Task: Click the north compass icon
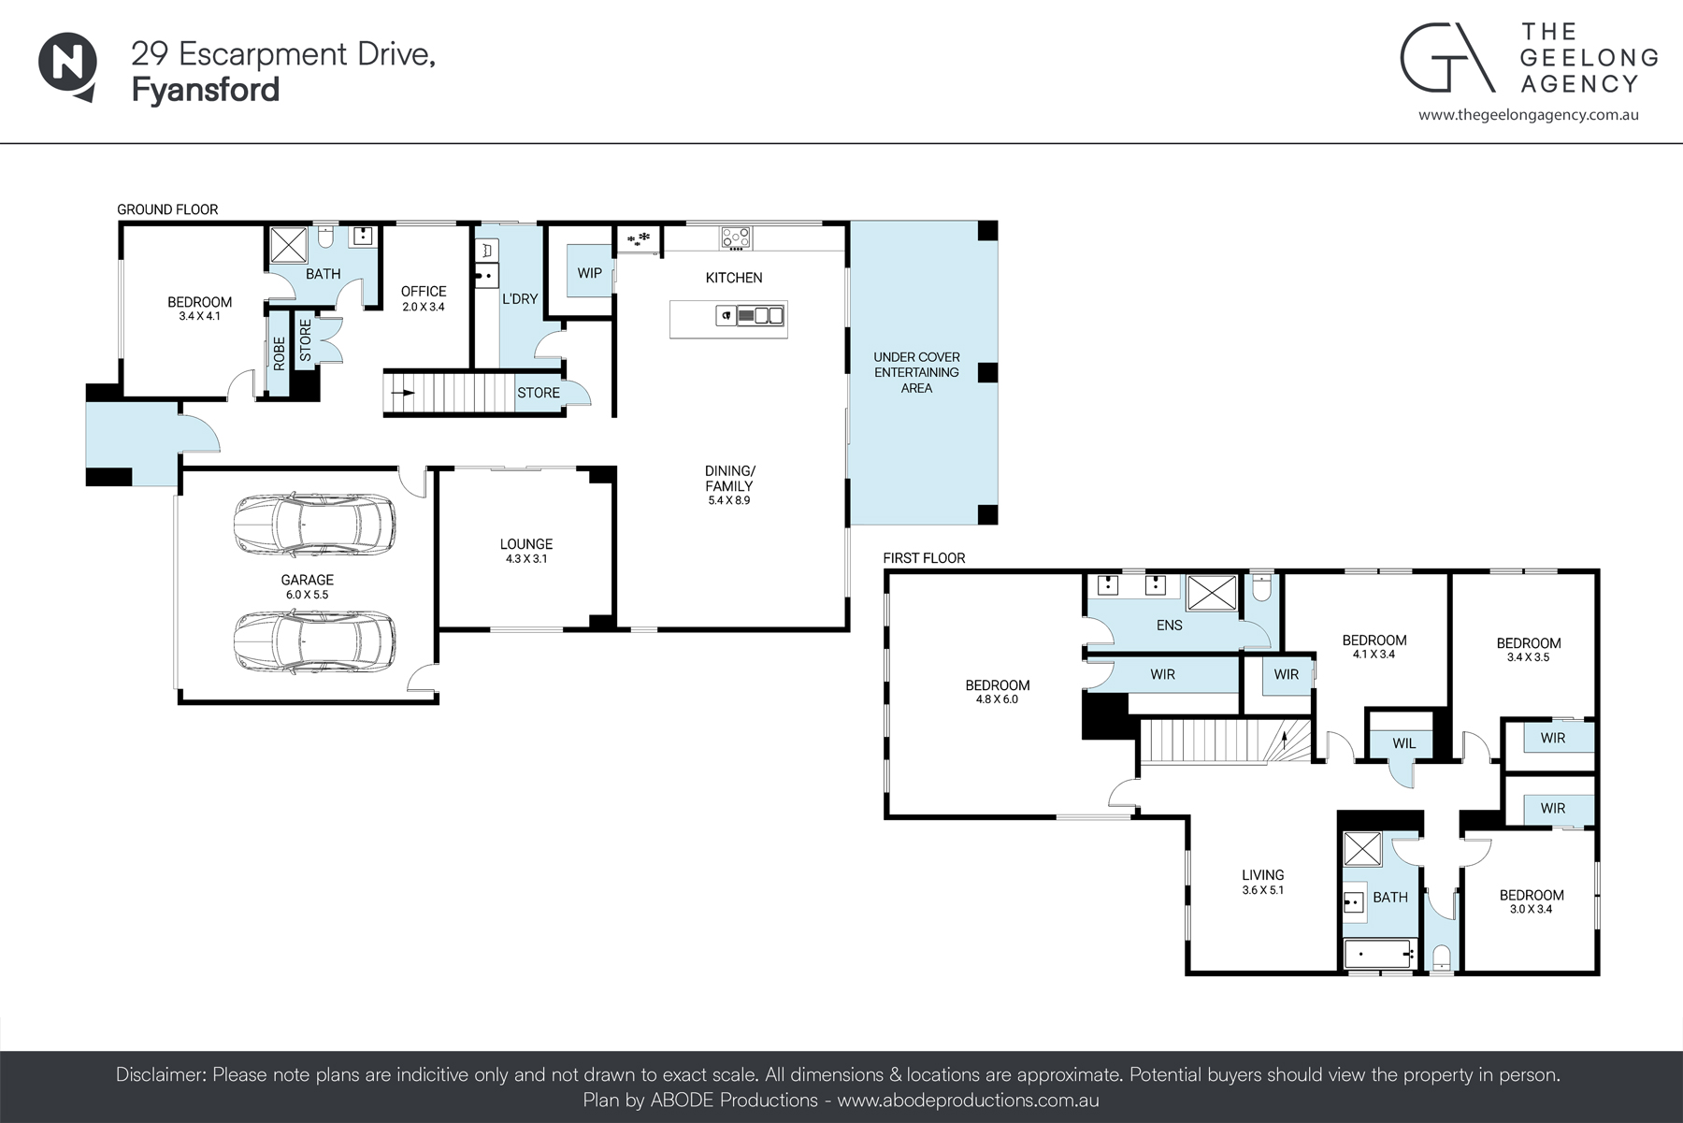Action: (x=67, y=65)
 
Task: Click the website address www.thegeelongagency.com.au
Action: (x=1528, y=115)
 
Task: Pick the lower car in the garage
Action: (x=313, y=642)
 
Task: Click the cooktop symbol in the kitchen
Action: (x=736, y=237)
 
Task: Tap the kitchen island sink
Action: (x=768, y=316)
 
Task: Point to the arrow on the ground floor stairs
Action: (x=403, y=393)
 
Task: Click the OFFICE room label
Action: (x=424, y=291)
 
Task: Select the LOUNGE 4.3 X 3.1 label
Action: (x=526, y=550)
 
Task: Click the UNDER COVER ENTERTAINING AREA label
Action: (x=916, y=372)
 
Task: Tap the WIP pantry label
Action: (x=589, y=273)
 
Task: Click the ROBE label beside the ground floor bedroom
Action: (x=279, y=353)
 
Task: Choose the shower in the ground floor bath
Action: (x=290, y=245)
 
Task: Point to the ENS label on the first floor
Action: (x=1169, y=625)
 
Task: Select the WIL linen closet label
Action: (x=1403, y=743)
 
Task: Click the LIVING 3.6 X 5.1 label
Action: (x=1262, y=882)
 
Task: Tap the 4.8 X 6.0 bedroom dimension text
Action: (x=998, y=699)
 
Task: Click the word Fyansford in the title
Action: (x=206, y=90)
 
